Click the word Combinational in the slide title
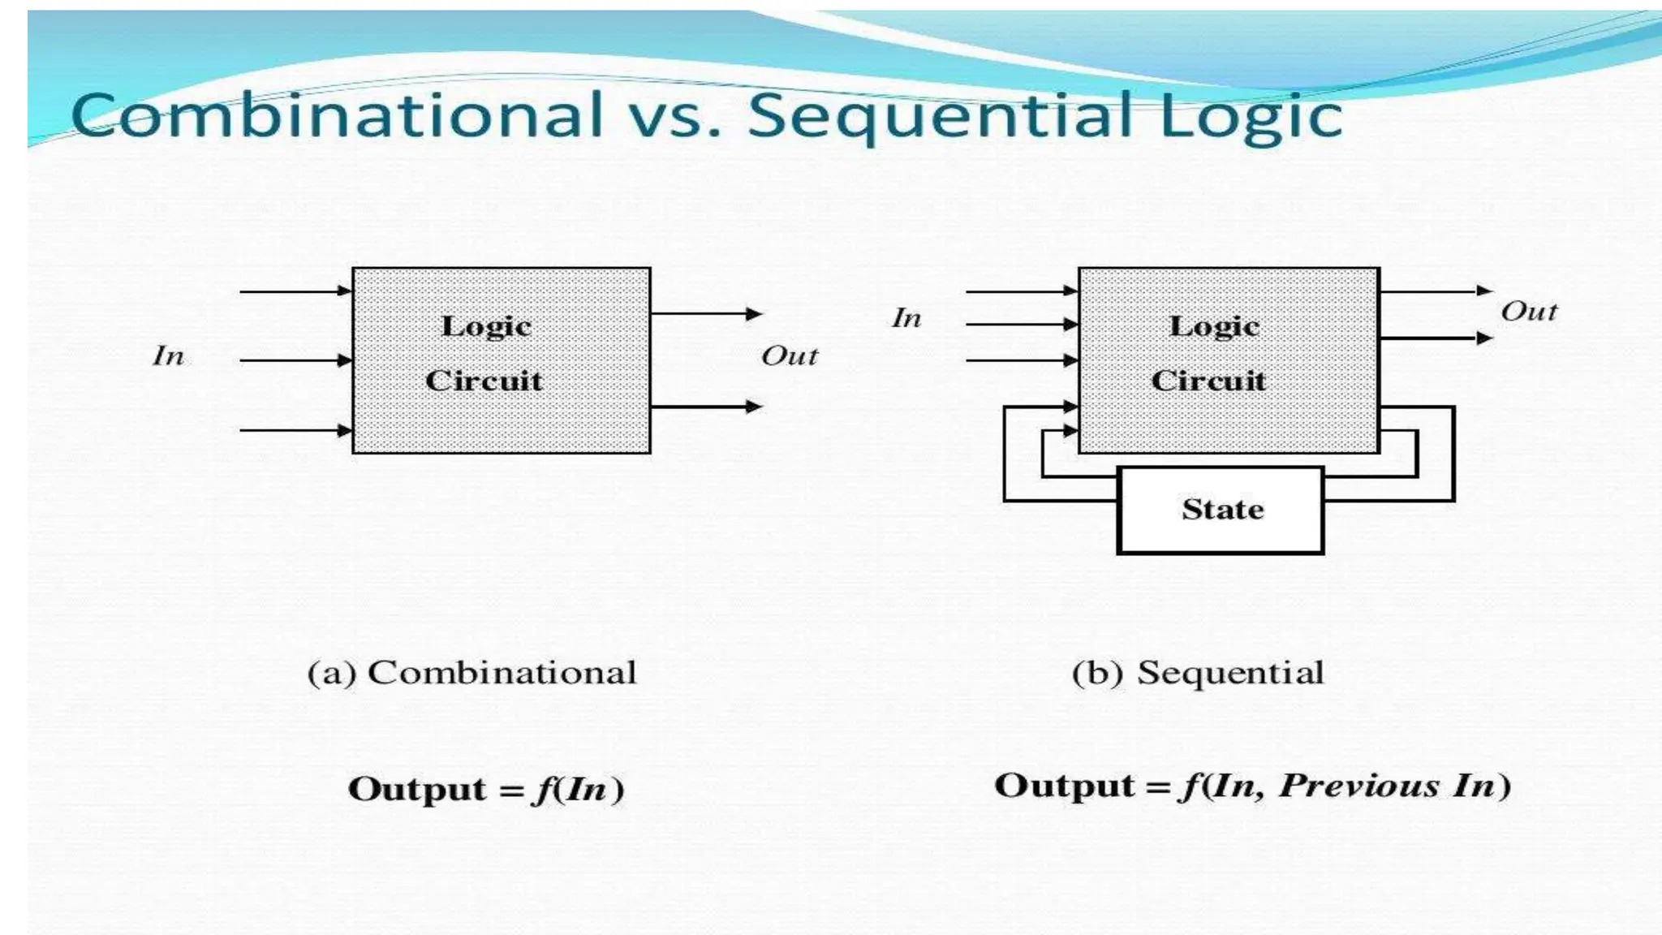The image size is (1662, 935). [337, 114]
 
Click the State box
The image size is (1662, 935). [1221, 510]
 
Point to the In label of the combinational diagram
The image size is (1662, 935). [168, 355]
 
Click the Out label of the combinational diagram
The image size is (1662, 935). [789, 355]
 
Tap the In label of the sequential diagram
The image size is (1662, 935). [906, 317]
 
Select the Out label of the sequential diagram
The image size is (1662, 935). [1529, 311]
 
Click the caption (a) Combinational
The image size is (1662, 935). [471, 673]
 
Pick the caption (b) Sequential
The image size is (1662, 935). [1198, 673]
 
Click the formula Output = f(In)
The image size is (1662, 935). [486, 789]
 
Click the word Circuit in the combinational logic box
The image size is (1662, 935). [484, 380]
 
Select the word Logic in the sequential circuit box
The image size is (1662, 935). [1214, 326]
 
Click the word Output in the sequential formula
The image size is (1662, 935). [1064, 786]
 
